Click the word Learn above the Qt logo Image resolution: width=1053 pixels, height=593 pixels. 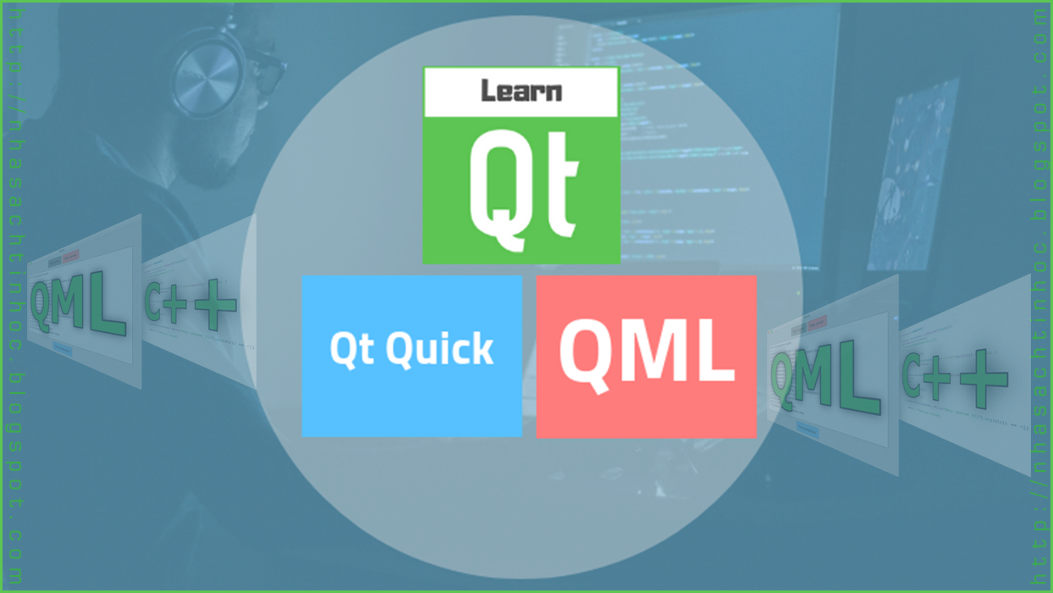[521, 91]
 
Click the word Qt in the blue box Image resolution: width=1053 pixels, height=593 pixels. [351, 348]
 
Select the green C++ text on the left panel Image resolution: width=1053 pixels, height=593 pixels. [190, 303]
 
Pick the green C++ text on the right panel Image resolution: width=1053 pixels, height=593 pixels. [955, 380]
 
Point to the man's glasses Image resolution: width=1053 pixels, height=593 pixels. [268, 72]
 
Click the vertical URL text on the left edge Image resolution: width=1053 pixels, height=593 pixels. [15, 296]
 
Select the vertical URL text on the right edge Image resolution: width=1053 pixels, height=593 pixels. [1039, 296]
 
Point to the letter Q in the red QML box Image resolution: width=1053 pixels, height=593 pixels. [587, 356]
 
